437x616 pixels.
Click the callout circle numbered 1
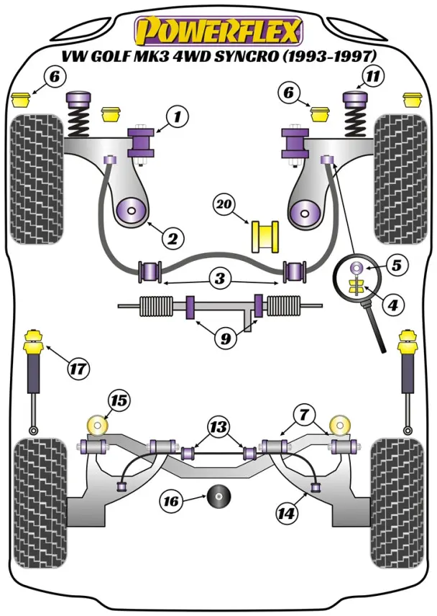177,116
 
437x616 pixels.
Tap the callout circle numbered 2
173,236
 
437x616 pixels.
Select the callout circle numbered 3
220,277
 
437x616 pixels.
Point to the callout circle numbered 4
392,305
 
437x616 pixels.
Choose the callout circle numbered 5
395,265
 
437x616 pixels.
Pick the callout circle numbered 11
371,76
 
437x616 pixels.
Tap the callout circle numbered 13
218,426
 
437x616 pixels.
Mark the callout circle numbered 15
119,400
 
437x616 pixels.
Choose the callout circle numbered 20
225,205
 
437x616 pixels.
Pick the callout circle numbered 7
304,414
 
